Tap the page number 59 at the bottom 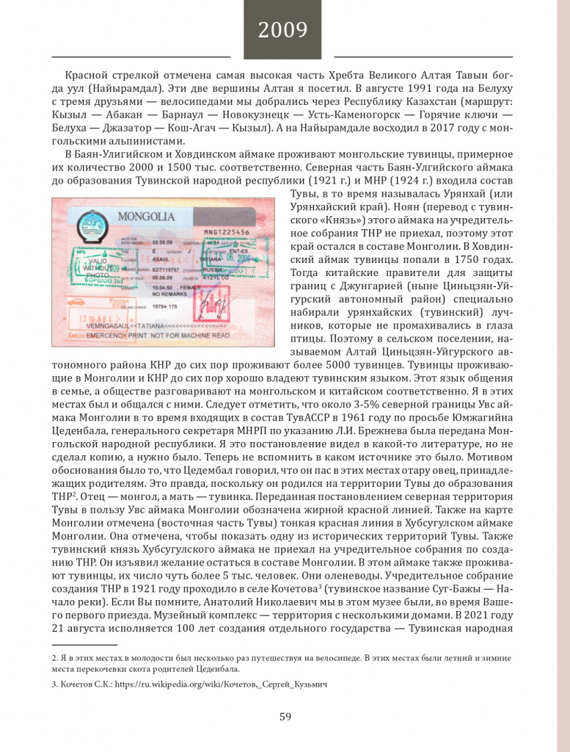point(285,717)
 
